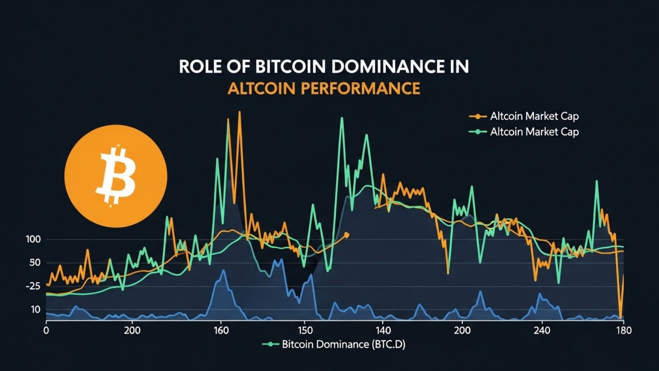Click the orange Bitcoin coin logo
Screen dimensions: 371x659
(116, 176)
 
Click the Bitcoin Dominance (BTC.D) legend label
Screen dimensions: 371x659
(343, 344)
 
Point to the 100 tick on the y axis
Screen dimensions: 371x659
(33, 240)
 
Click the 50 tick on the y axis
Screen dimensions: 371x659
(35, 263)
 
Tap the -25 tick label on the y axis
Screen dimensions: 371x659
(33, 286)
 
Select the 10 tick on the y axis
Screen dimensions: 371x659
(35, 310)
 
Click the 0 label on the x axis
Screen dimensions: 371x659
(46, 331)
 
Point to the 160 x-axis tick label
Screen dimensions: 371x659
(222, 331)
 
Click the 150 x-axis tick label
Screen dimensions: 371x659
(305, 331)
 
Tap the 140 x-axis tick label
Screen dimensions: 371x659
(383, 331)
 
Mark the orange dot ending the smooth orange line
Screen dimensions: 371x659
(346, 235)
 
